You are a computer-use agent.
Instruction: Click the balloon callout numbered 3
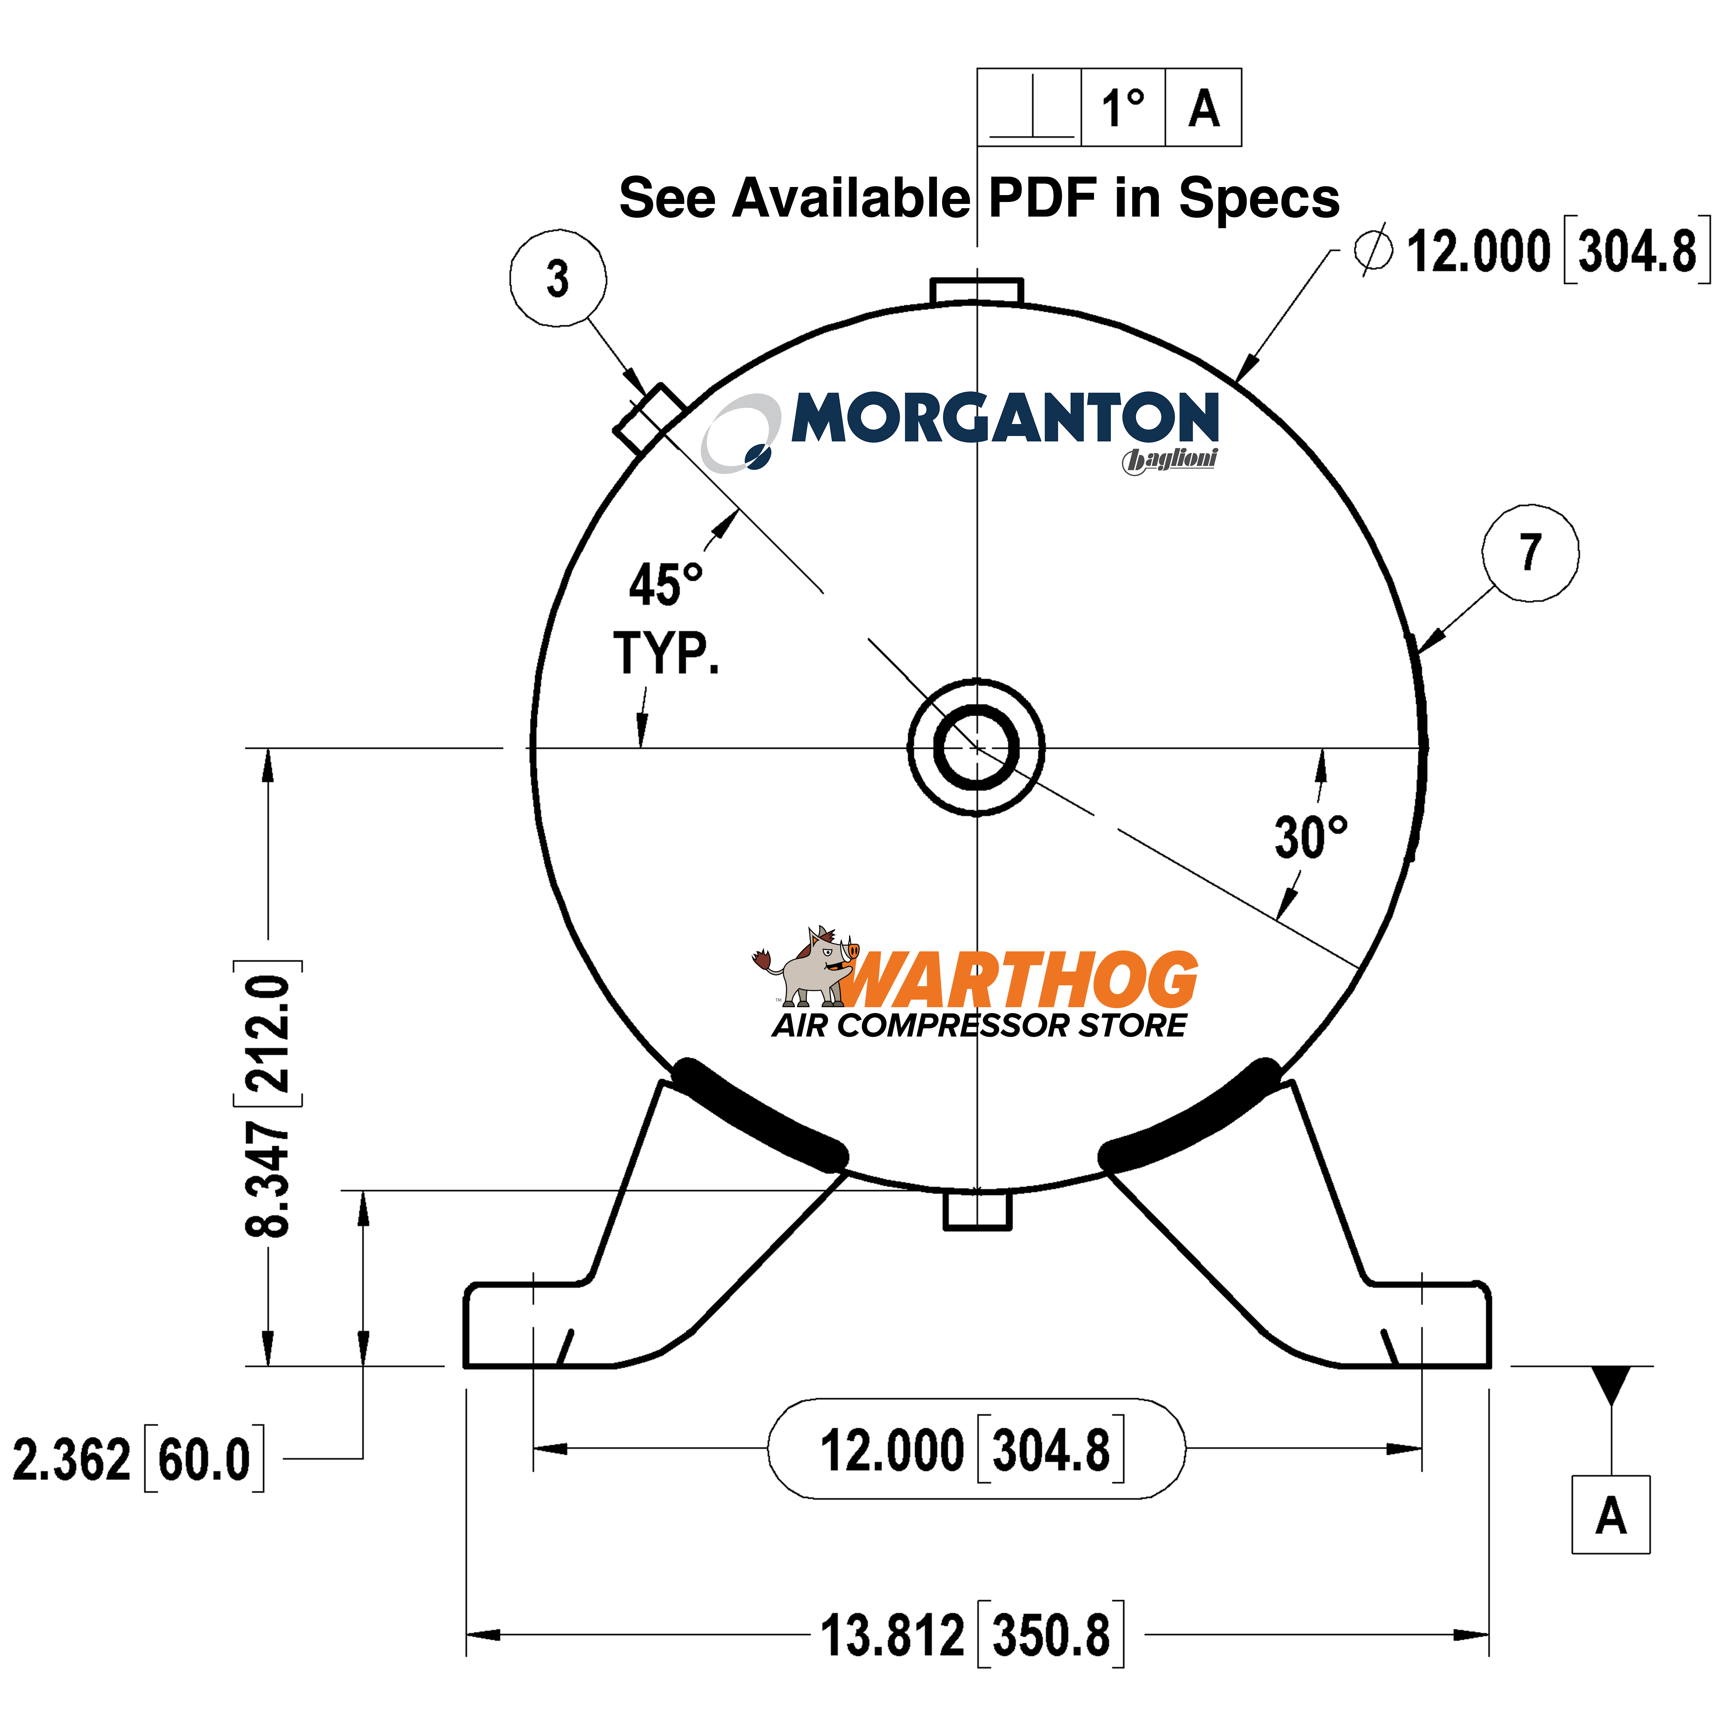[x=557, y=278]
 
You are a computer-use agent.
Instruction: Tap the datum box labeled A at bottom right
[x=1610, y=1515]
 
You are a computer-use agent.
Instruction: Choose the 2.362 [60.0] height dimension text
[x=139, y=1459]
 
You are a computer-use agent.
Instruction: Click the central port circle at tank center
[x=976, y=748]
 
